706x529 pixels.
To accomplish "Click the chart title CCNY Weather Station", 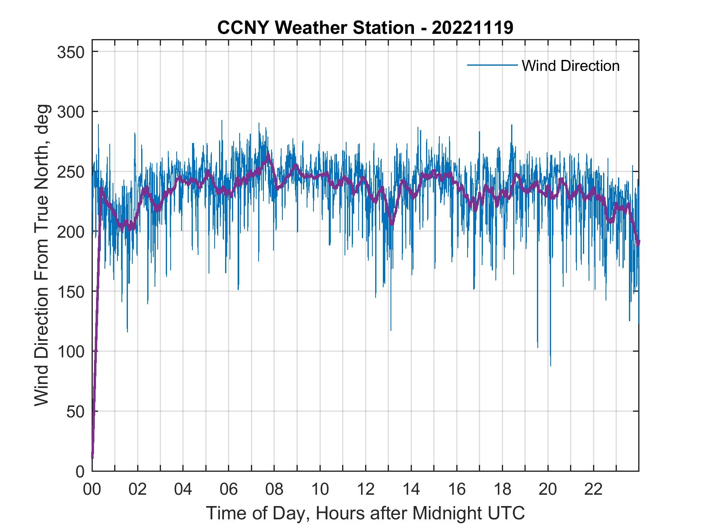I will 365,28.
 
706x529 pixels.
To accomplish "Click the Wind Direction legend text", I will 570,66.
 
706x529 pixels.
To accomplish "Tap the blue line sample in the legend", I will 492,65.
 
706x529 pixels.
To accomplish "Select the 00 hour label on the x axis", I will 92,490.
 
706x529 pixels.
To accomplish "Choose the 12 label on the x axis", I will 366,490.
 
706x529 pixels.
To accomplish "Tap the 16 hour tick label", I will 457,490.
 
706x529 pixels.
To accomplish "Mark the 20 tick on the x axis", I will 548,490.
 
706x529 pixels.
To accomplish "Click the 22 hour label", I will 593,490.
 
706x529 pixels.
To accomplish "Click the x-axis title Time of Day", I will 365,513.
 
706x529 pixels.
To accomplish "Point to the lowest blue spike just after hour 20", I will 551,365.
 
